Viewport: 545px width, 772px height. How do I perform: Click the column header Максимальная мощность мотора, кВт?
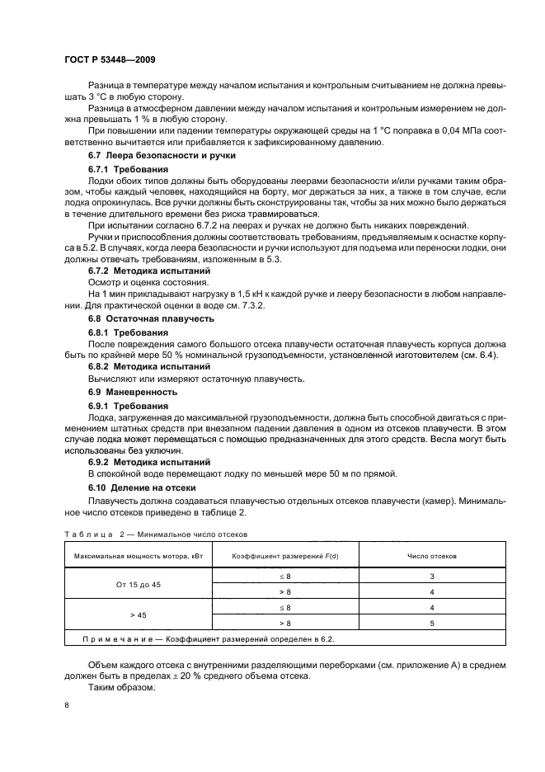[x=138, y=556]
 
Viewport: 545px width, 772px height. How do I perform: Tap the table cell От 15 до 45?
[x=138, y=584]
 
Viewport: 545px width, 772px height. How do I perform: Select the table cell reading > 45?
[x=138, y=615]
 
